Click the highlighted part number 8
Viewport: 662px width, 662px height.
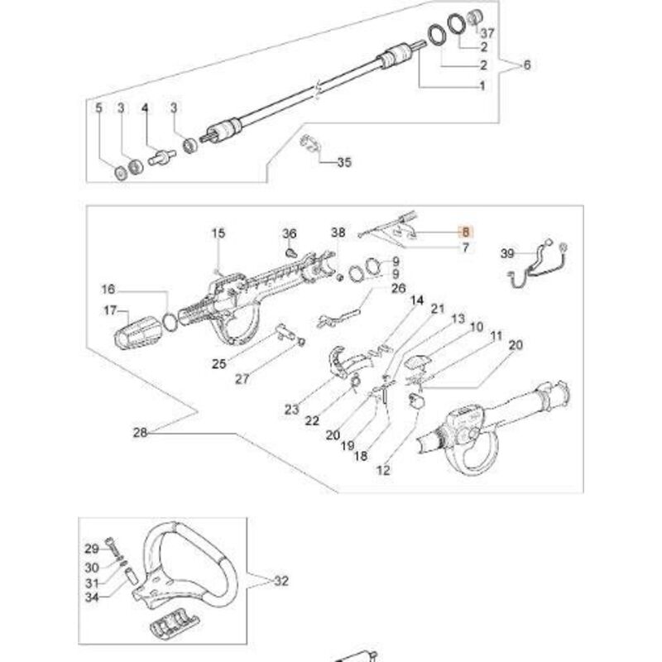pyautogui.click(x=465, y=233)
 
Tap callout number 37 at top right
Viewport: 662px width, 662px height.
pyautogui.click(x=487, y=33)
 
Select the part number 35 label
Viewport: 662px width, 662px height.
pyautogui.click(x=343, y=163)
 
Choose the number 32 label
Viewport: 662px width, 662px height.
pyautogui.click(x=281, y=581)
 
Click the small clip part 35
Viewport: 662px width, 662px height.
pyautogui.click(x=309, y=142)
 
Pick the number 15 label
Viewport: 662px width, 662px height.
pyautogui.click(x=218, y=235)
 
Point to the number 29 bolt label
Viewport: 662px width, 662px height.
pyautogui.click(x=92, y=549)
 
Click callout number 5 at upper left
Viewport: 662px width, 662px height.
pyautogui.click(x=98, y=108)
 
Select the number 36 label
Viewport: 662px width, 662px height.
pyautogui.click(x=289, y=234)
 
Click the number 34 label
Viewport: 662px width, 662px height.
pyautogui.click(x=92, y=597)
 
